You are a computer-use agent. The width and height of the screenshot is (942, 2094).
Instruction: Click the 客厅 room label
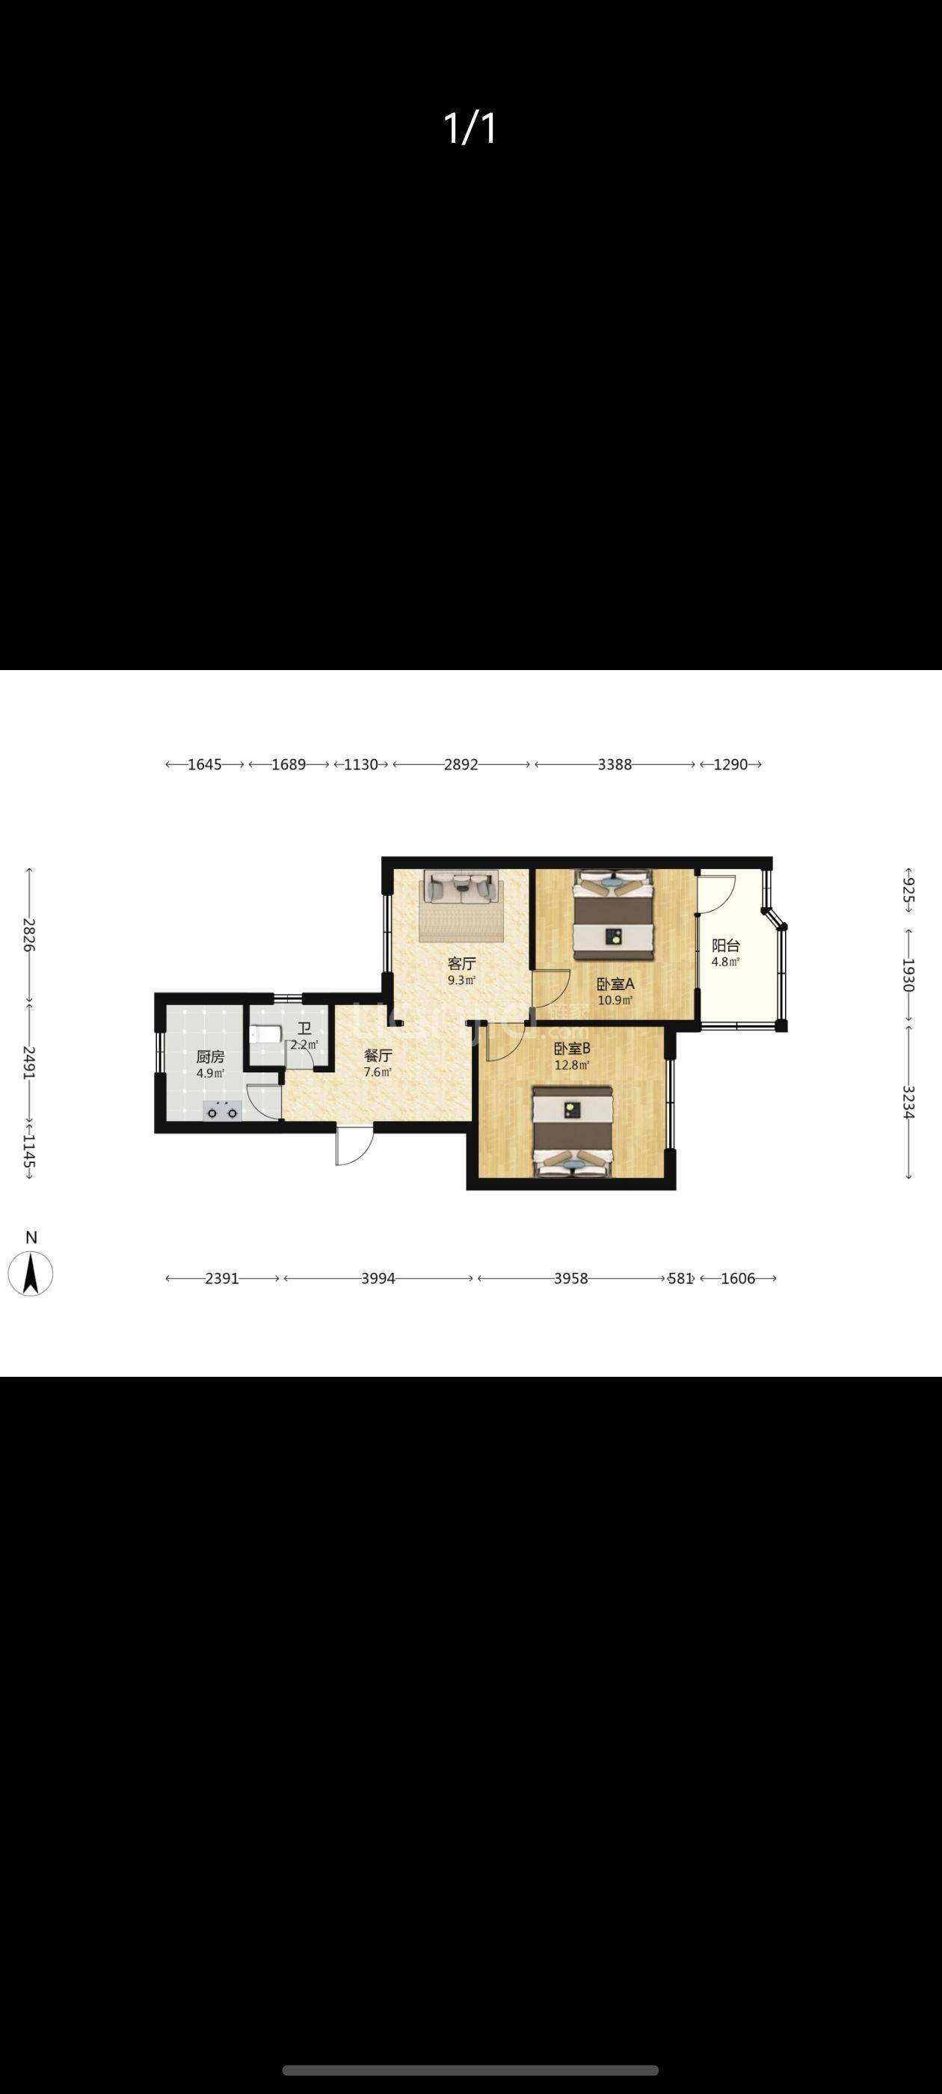(461, 963)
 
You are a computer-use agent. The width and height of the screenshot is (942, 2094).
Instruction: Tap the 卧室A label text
(615, 983)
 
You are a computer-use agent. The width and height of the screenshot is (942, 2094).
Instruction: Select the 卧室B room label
(572, 1048)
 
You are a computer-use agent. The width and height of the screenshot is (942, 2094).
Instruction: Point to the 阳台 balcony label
(726, 945)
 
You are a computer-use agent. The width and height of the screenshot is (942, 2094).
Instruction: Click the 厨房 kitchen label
(211, 1057)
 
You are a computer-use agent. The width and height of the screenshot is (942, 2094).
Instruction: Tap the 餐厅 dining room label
(378, 1055)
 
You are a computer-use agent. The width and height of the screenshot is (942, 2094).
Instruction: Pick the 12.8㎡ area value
(572, 1065)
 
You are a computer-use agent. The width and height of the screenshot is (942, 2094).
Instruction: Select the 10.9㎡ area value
(615, 1000)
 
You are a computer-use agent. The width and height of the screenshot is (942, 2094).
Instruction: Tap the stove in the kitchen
(223, 1111)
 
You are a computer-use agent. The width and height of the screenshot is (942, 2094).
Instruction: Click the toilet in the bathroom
(264, 1035)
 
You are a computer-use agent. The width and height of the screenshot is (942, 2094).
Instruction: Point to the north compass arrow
(31, 1273)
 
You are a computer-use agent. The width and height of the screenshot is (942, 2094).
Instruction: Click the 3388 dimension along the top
(615, 764)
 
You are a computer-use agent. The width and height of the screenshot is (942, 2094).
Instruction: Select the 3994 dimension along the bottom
(378, 1279)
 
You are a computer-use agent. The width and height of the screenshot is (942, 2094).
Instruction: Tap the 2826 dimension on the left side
(29, 935)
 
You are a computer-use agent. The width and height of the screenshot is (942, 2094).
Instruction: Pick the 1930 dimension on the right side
(908, 974)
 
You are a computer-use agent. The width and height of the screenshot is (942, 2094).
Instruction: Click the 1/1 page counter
(470, 129)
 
